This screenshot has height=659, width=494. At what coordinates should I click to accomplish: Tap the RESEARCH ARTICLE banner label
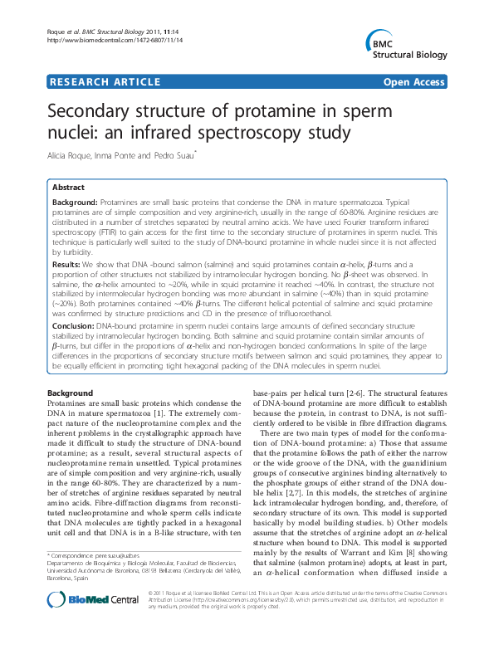click(x=105, y=82)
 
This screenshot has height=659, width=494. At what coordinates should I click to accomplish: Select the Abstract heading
click(x=68, y=188)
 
